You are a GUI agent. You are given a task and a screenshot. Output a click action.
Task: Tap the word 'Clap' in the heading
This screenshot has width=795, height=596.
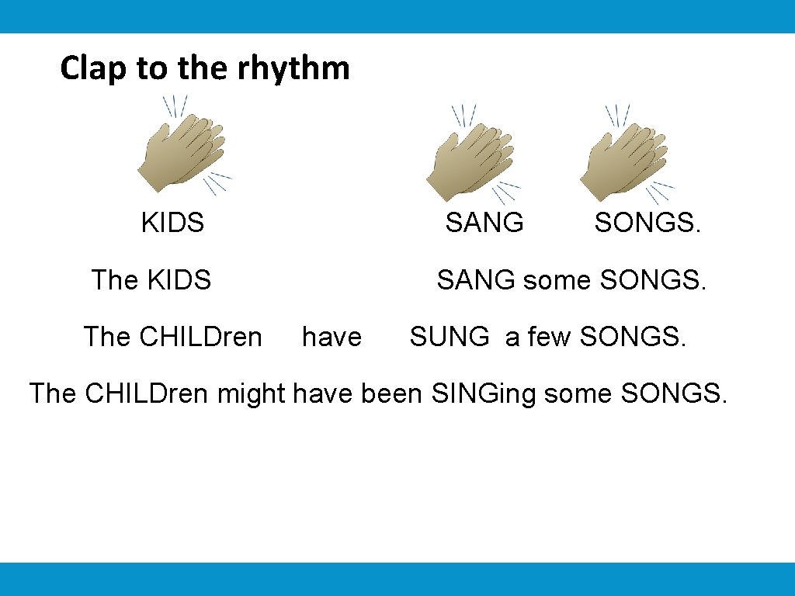[93, 68]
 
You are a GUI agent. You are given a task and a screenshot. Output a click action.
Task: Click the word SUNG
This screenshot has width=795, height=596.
[450, 337]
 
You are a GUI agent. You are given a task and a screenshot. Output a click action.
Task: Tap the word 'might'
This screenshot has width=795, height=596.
[252, 393]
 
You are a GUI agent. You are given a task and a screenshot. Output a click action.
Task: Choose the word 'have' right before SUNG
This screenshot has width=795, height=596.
[332, 337]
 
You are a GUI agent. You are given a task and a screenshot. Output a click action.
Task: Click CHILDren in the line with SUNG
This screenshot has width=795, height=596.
[200, 337]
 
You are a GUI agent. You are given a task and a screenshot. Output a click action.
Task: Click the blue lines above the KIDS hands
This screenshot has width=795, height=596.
[174, 106]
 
